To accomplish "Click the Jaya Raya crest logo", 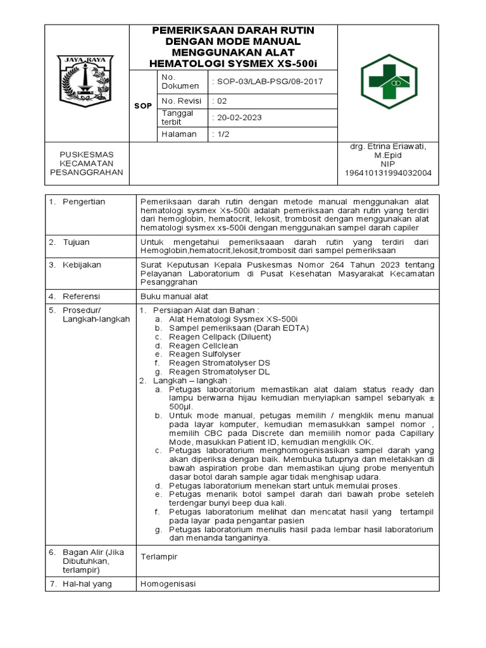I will [85, 81].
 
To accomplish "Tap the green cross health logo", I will [389, 81].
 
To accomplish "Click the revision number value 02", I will [218, 101].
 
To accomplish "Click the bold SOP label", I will [142, 106].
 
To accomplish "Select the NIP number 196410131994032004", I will [388, 173].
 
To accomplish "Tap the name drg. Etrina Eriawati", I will [388, 146].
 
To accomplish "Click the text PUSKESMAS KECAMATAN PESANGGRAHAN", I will [86, 163].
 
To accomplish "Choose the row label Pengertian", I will [84, 201].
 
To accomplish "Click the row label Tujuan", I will [76, 242].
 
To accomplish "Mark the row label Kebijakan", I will [81, 265].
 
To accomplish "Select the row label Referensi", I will [81, 296].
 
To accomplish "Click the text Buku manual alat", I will [174, 296].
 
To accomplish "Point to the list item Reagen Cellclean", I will [203, 346].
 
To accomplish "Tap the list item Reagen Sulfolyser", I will [204, 354].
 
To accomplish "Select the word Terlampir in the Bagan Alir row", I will [159, 557].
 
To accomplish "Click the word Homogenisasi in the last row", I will [168, 583].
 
